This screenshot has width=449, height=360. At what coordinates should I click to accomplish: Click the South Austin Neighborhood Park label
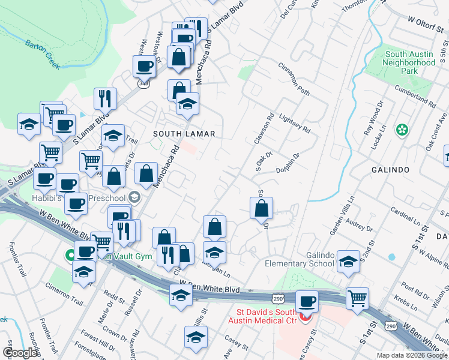[x=409, y=62]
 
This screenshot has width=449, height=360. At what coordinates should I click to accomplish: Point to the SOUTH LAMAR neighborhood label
[x=184, y=133]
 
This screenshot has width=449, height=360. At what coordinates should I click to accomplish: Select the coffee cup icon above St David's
[x=307, y=301]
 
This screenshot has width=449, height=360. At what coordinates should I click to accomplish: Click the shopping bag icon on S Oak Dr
[x=261, y=208]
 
